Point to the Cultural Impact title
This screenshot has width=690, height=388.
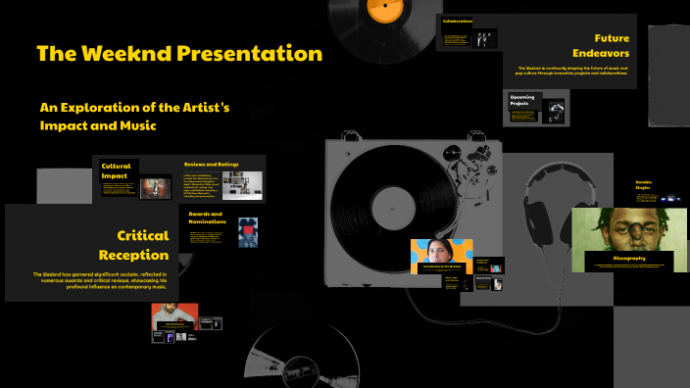pyautogui.click(x=116, y=172)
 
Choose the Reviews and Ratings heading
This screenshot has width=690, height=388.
pyautogui.click(x=211, y=164)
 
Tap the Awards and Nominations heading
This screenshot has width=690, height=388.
pyautogui.click(x=206, y=218)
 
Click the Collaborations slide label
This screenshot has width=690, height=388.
pyautogui.click(x=458, y=21)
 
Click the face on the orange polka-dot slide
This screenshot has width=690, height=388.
pyautogui.click(x=442, y=252)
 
